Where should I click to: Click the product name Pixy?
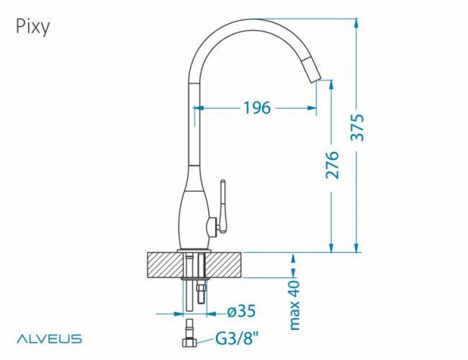coord(31,27)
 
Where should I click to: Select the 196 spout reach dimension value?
coord(256,108)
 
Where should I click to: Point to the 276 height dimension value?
coord(332,165)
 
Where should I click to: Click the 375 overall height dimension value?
coord(358,128)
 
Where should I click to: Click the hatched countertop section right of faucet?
coord(226,265)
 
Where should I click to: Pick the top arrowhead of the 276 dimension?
coord(332,84)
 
